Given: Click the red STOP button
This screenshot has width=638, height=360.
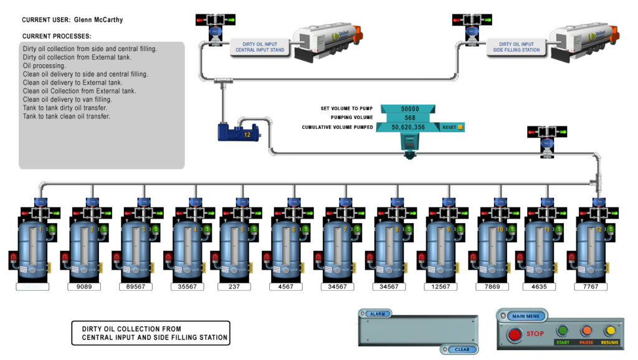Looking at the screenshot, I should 515,334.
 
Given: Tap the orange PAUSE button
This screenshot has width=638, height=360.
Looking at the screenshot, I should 586,331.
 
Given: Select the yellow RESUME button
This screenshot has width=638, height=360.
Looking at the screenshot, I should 610,331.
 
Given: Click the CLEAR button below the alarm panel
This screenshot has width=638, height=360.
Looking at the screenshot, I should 462,349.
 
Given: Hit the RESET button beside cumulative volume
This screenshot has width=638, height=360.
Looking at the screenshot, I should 452,127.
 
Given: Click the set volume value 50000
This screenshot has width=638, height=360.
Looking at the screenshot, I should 409,108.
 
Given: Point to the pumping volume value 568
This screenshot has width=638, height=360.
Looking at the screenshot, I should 409,118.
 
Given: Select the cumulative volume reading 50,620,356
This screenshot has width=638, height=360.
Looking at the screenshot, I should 408,127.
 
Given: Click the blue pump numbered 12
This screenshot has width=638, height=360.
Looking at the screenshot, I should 237,133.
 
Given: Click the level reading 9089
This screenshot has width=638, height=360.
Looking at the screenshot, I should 83,287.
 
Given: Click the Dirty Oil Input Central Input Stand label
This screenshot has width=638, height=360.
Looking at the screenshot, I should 259,47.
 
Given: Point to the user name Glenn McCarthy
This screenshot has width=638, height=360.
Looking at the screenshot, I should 98,20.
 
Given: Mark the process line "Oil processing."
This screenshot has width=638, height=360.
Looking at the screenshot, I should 44,65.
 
